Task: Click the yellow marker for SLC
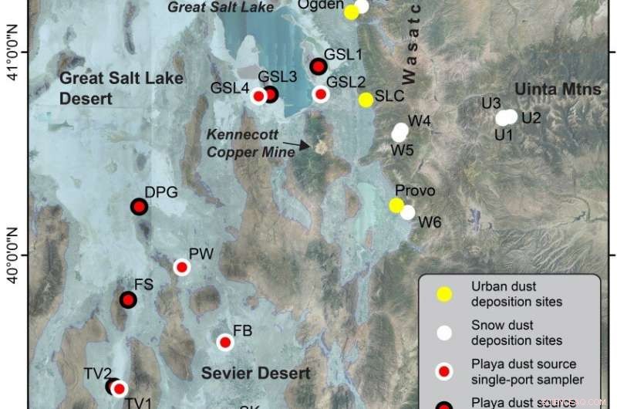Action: click(x=366, y=100)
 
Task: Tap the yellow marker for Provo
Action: click(x=396, y=205)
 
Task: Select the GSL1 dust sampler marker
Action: click(x=318, y=67)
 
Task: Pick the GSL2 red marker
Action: click(x=321, y=94)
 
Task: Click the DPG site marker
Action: click(x=139, y=207)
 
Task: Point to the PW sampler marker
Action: click(x=182, y=267)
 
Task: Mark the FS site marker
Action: click(x=128, y=299)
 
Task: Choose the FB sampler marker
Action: click(x=224, y=342)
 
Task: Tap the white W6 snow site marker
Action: click(x=408, y=212)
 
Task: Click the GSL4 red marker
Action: click(x=258, y=96)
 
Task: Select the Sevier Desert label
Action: click(x=256, y=374)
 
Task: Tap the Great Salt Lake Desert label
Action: click(x=121, y=88)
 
